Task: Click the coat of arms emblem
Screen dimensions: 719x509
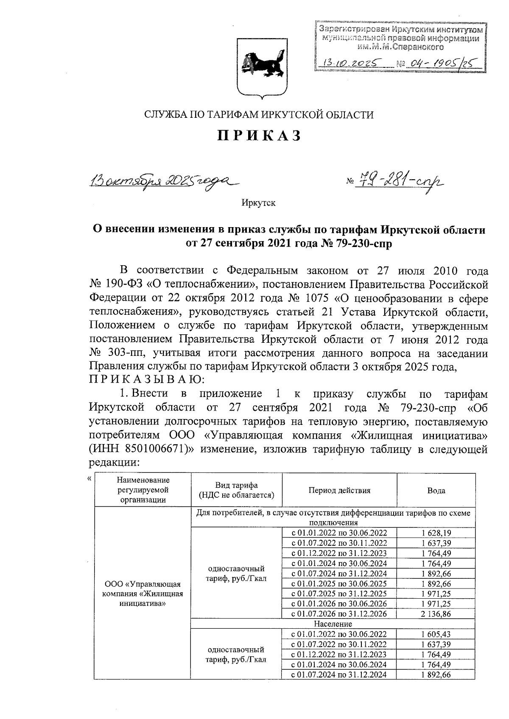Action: (259, 67)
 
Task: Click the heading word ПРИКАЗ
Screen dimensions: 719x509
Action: (259, 136)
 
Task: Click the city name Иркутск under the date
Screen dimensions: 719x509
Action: (258, 203)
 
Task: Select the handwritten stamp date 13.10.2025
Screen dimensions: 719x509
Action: (352, 64)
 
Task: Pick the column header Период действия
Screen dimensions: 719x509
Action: (339, 490)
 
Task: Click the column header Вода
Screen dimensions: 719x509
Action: (436, 490)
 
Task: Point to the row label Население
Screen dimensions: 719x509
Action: (333, 624)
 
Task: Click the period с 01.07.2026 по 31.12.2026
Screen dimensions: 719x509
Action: (339, 614)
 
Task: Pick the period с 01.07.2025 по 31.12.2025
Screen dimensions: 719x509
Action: (339, 594)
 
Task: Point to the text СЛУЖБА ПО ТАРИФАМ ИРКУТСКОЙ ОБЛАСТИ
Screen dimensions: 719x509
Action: (259, 115)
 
